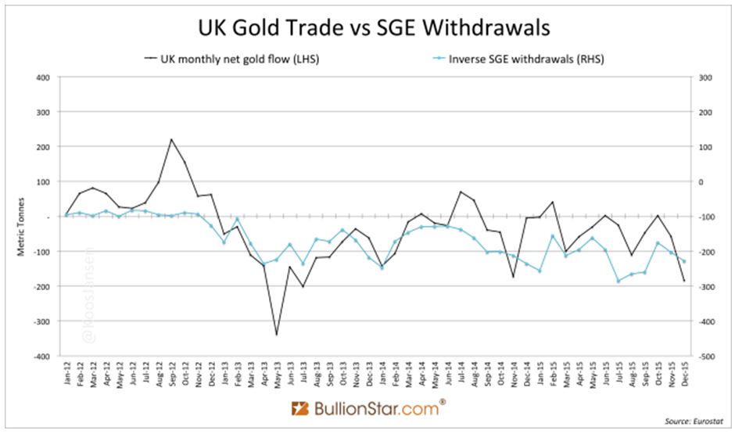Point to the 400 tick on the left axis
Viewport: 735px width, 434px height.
42,77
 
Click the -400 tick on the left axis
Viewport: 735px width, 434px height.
41,356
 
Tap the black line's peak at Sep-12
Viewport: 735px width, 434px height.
171,140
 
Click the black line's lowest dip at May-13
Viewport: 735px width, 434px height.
276,335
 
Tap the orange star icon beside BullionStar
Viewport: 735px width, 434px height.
300,409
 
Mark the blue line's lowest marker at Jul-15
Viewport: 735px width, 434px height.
618,281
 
